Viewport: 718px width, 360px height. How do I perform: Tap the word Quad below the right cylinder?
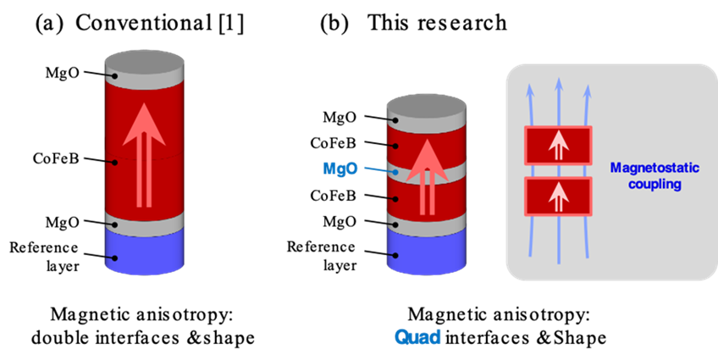(417, 336)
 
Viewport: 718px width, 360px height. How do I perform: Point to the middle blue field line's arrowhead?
(558, 83)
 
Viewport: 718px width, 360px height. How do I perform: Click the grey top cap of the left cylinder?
(145, 64)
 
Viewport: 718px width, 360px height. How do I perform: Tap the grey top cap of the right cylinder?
(427, 108)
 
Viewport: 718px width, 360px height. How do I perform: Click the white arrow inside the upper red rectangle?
(558, 147)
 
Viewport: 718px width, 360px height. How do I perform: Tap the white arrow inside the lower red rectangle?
(558, 197)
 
